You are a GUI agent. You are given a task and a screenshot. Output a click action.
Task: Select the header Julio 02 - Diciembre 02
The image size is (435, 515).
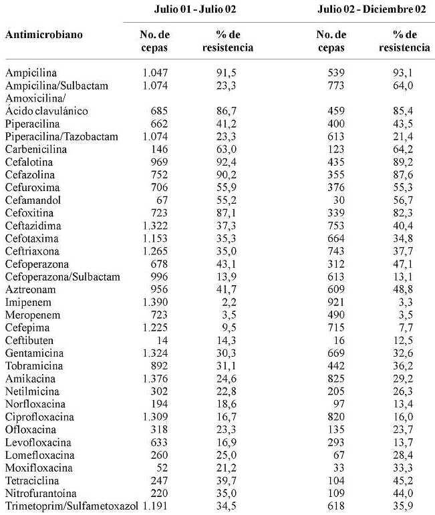click(x=372, y=11)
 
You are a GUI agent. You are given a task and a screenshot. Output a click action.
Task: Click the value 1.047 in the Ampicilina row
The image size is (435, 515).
click(x=154, y=72)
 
